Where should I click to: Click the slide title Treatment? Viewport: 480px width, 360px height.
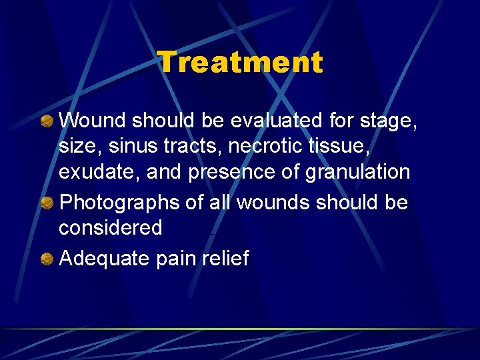click(x=240, y=63)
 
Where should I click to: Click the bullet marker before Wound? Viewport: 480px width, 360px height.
click(x=48, y=121)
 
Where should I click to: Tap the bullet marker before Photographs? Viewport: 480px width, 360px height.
click(x=48, y=203)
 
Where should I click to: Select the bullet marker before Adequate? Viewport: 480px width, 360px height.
click(x=48, y=258)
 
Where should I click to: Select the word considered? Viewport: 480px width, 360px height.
click(x=111, y=228)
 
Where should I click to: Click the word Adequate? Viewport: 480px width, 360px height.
click(x=105, y=259)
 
